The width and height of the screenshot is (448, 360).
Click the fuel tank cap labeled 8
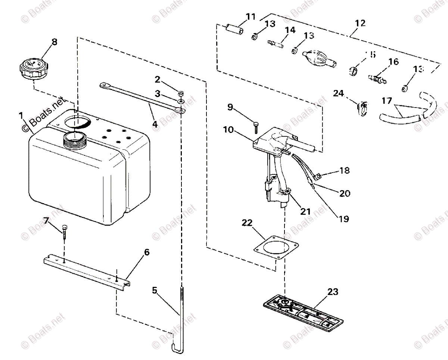32,68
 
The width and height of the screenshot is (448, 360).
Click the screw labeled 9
256,127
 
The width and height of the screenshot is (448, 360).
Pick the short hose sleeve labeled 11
234,30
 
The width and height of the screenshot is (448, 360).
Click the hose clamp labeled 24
362,108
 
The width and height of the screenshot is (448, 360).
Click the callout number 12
360,23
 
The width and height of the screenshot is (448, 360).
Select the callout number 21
305,211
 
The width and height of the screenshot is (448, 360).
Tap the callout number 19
343,219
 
